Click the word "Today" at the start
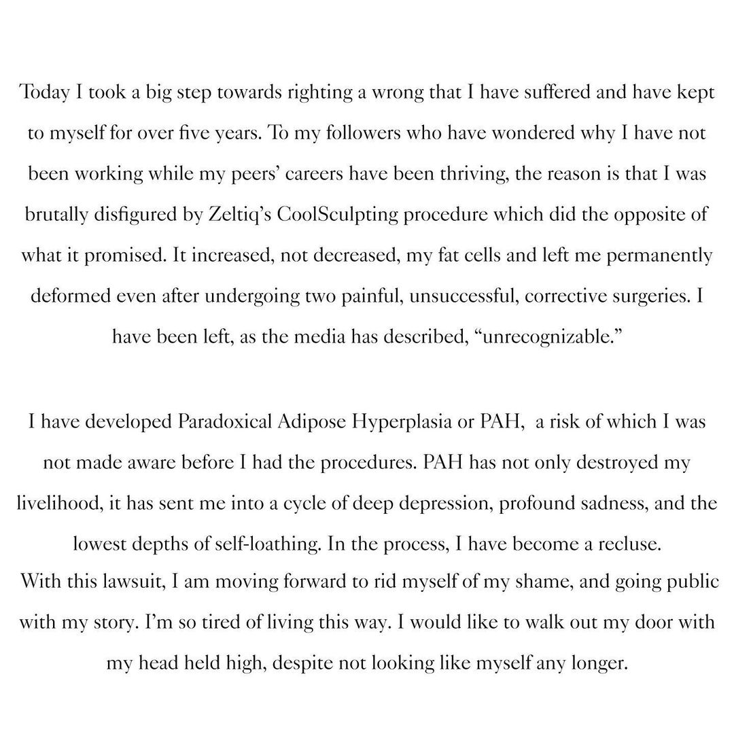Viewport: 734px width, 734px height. click(42, 93)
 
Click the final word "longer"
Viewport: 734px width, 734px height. click(597, 663)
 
